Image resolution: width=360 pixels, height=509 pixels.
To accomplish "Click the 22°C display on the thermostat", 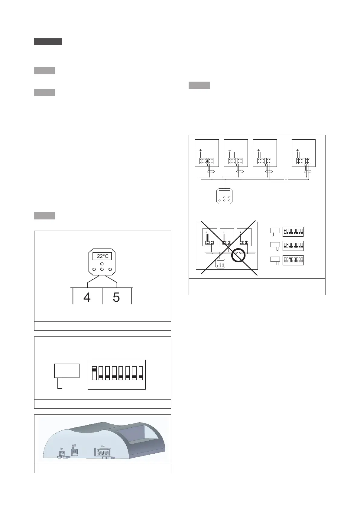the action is (102, 256).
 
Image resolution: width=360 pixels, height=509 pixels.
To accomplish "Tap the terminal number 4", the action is (87, 297).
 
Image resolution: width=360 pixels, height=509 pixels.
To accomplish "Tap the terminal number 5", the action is (116, 297).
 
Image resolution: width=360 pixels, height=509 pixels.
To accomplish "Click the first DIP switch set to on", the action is (94, 373).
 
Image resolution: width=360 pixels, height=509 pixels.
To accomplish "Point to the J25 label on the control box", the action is (74, 445).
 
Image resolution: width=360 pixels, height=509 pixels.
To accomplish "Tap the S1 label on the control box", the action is (62, 449).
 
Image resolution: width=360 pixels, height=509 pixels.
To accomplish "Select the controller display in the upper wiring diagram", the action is (224, 193).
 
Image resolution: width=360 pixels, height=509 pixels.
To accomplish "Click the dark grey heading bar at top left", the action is (48, 42).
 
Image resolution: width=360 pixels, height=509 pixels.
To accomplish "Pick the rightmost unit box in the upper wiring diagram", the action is (303, 153).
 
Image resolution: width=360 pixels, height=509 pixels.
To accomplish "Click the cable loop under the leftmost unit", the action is (211, 172).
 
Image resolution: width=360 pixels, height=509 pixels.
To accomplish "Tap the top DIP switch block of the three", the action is (293, 232).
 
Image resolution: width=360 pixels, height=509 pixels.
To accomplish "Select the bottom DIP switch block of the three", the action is (293, 260).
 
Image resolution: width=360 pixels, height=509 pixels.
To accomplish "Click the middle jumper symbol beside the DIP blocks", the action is (275, 245).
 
